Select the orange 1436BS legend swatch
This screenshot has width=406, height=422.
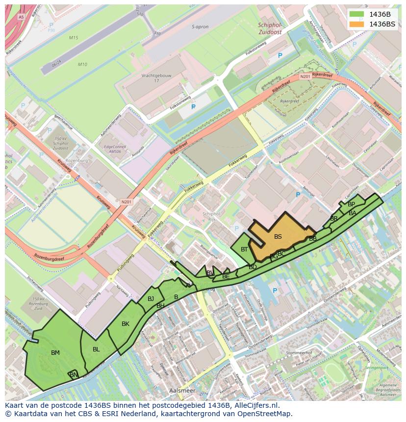coord(357,24)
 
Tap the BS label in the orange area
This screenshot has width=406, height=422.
coord(278,237)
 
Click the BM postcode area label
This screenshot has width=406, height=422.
coord(55,352)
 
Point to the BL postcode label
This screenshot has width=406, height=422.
coord(96,349)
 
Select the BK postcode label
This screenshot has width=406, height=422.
coord(126,324)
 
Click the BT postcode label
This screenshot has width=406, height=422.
coord(244,249)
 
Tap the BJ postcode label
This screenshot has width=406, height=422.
coord(151,299)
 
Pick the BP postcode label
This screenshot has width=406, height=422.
coord(351,204)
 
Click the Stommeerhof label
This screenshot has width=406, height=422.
coord(299,352)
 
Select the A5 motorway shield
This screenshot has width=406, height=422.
coord(21,17)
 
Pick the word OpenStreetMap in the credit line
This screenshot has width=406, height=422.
coord(267,414)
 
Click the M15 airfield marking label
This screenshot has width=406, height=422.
coord(74,38)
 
